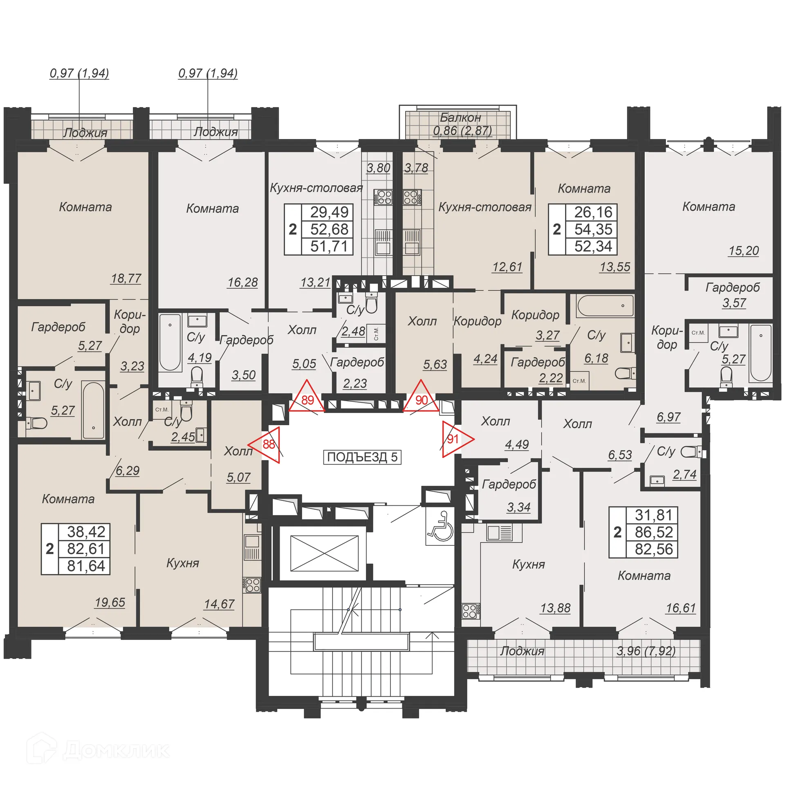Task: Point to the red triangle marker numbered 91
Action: [x=455, y=439]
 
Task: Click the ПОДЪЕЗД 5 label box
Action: [x=362, y=457]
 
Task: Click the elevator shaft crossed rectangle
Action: [x=324, y=553]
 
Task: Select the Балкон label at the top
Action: [x=460, y=118]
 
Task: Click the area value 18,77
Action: [x=126, y=278]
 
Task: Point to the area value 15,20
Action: [x=743, y=251]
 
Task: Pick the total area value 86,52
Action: [x=653, y=532]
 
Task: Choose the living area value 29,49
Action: [x=329, y=212]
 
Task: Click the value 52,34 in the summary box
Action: [x=593, y=246]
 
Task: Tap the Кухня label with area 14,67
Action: [x=182, y=563]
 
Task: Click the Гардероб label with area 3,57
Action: [x=732, y=287]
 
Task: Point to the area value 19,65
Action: [x=110, y=602]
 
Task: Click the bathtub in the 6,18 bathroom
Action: [x=604, y=305]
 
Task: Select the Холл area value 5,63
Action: [x=435, y=364]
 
